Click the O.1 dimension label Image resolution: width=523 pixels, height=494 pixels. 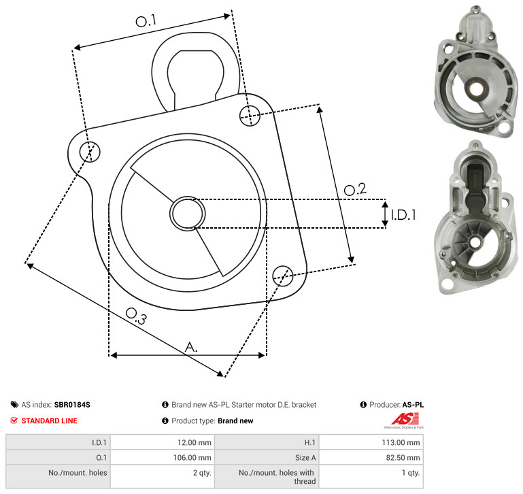point(146,20)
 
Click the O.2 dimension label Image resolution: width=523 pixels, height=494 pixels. point(355,189)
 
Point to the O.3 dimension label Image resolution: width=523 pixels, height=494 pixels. point(136,316)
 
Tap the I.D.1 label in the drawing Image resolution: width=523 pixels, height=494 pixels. point(403,215)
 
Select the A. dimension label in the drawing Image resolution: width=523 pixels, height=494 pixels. point(191,347)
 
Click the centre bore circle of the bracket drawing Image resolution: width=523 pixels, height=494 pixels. point(188,213)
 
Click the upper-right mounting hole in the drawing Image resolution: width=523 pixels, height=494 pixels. point(250,116)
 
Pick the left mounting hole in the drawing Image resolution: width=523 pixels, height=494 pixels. point(90,152)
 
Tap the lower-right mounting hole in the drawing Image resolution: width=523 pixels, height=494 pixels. point(283,276)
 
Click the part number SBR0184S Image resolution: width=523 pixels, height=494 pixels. point(72,405)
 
